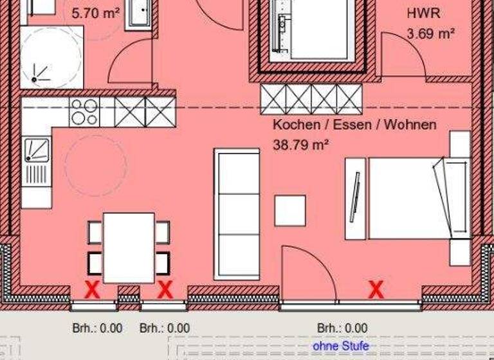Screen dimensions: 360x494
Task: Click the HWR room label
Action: [x=423, y=14]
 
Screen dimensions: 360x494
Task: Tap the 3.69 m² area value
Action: [x=430, y=33]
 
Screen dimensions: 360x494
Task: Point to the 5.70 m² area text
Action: [x=95, y=12]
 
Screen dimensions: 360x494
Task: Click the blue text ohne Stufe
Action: [x=341, y=346]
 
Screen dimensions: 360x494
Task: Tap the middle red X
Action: [x=165, y=290]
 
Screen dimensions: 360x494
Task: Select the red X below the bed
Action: [x=376, y=290]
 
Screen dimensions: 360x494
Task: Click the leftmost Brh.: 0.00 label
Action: [x=96, y=328]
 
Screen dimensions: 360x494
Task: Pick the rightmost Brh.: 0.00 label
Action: [x=342, y=328]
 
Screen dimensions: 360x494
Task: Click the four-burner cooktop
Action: [x=84, y=112]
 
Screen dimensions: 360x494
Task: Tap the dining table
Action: [x=129, y=248]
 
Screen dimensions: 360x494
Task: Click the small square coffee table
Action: [x=290, y=210]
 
